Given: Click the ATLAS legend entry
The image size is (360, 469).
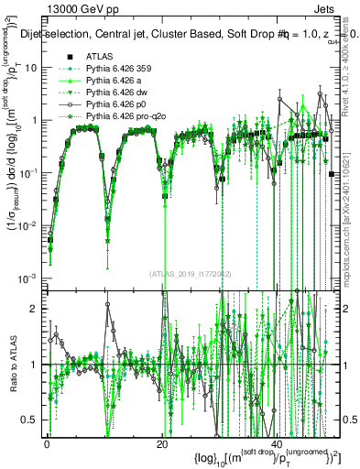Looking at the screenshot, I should pyautogui.click(x=98, y=57).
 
